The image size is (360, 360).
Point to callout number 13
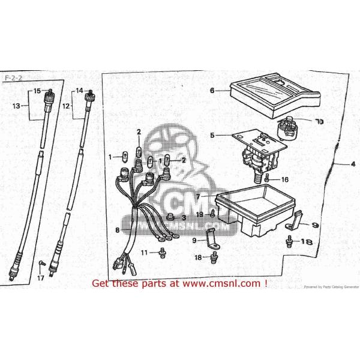(17, 106)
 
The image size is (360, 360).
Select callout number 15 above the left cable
(37, 91)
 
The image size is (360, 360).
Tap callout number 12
(67, 106)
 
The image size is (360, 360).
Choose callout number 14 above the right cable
(78, 91)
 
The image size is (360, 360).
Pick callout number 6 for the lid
(212, 91)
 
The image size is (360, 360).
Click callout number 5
(212, 136)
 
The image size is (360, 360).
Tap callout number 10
(319, 122)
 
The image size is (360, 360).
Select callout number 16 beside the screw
(285, 179)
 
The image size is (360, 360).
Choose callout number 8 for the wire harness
(118, 229)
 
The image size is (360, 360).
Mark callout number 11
(144, 253)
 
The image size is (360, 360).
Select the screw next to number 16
(267, 179)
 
